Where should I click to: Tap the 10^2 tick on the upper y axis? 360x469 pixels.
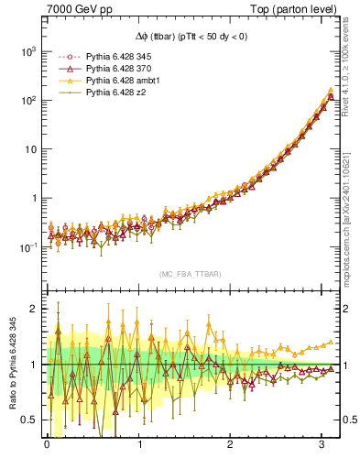(27, 100)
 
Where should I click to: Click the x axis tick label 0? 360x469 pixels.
(47, 446)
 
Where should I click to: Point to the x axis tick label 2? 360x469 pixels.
(231, 446)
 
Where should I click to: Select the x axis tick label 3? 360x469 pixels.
(322, 446)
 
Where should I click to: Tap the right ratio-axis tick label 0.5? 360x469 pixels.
(346, 420)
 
